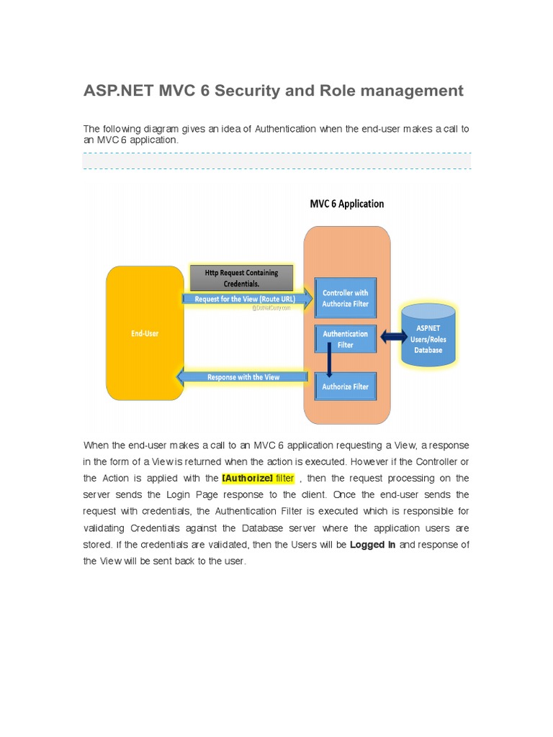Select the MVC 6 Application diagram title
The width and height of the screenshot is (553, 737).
[346, 204]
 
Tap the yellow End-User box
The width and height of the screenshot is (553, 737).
[145, 333]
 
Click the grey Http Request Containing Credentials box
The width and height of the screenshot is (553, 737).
[241, 278]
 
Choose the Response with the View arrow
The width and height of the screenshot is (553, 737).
[243, 376]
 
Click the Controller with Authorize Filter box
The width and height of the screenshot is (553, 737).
[346, 298]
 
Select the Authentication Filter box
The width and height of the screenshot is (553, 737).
[346, 339]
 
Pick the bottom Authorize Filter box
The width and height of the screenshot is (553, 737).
[346, 386]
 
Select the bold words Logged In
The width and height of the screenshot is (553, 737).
[373, 545]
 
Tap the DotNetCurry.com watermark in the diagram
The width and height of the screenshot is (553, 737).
[271, 307]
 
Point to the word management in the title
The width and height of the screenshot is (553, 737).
[420, 91]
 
